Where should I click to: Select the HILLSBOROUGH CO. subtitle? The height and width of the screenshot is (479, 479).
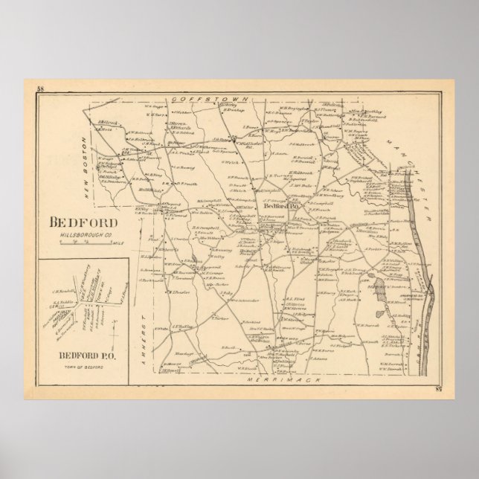coord(82,235)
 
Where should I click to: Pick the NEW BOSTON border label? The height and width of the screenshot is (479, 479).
coord(97,150)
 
